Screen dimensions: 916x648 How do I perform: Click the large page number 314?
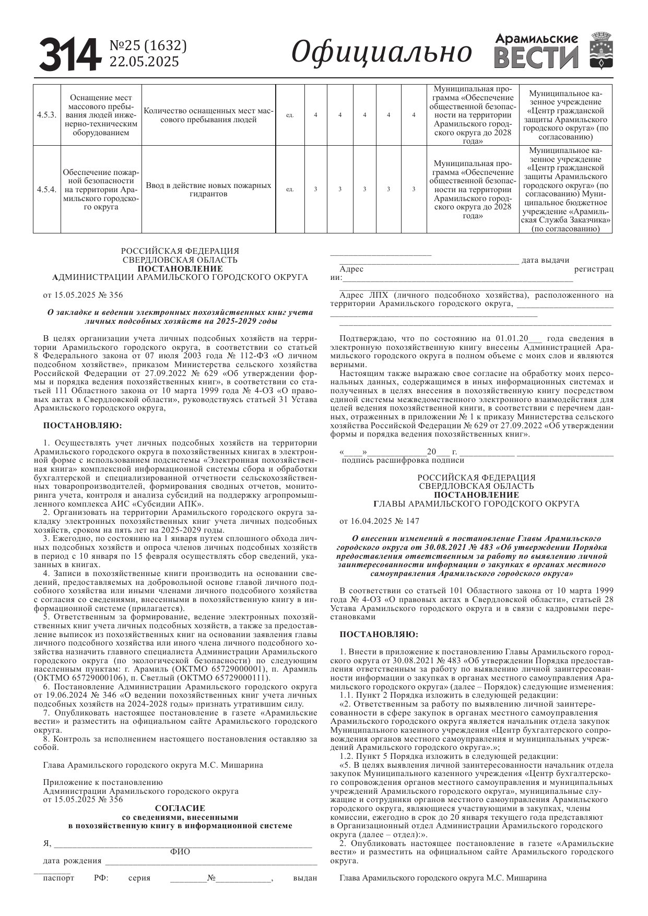(70, 54)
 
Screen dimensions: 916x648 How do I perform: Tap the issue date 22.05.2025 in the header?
(144, 62)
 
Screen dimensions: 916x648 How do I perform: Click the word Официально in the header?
(381, 52)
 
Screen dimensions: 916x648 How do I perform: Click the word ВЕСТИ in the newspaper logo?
(536, 57)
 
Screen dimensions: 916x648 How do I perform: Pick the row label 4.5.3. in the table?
(46, 115)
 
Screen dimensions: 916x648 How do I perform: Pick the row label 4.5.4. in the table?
(46, 189)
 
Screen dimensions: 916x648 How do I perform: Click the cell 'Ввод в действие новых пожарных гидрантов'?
(208, 190)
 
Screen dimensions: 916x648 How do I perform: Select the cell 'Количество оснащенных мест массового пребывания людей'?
(208, 115)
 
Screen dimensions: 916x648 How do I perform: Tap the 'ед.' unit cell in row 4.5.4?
(290, 190)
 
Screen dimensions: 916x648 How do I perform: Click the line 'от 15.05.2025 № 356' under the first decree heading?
(83, 295)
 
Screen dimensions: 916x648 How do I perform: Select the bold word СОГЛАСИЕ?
(180, 808)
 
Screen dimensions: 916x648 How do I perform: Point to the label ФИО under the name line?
(180, 852)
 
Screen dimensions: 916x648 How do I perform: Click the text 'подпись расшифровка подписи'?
(403, 460)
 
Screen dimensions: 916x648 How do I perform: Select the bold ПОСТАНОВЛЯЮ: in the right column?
(379, 635)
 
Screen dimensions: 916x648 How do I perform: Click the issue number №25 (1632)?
(147, 46)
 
